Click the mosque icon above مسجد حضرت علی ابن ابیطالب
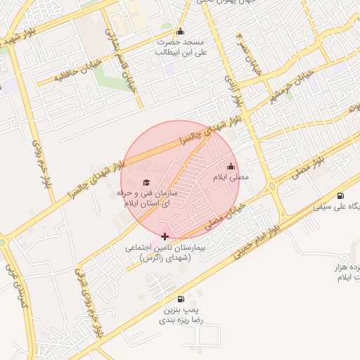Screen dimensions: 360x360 click(181, 32)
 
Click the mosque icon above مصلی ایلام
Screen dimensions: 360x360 click(231, 167)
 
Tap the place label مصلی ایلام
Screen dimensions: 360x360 click(231, 178)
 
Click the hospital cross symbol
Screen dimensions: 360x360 click(165, 236)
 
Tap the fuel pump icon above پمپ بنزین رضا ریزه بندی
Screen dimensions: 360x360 click(181, 299)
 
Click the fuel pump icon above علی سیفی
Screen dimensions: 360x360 click(341, 195)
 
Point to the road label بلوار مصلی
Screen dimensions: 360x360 click(309, 169)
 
